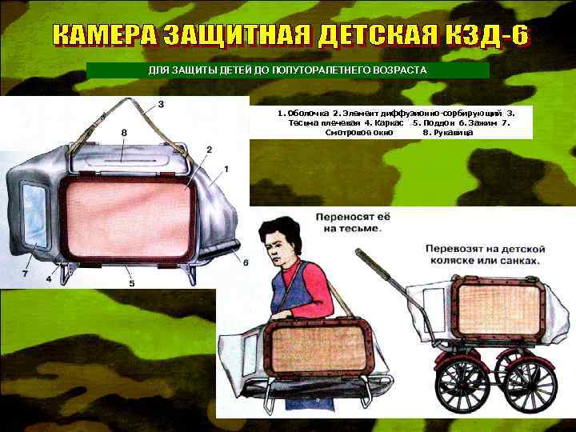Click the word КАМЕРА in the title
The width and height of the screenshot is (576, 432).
pos(104,37)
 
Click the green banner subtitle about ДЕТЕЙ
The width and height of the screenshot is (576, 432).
pos(288,70)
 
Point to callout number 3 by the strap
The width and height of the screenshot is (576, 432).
pos(161,104)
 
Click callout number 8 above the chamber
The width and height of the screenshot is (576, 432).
pos(124,131)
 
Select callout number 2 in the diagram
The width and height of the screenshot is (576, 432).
pos(208,149)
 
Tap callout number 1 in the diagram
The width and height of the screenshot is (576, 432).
pos(226,168)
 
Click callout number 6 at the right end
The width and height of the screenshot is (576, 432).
pos(246,262)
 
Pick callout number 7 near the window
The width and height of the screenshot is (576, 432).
pos(26,274)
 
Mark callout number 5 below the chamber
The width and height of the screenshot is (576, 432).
pos(131,282)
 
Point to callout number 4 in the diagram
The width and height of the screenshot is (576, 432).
pos(49,279)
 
